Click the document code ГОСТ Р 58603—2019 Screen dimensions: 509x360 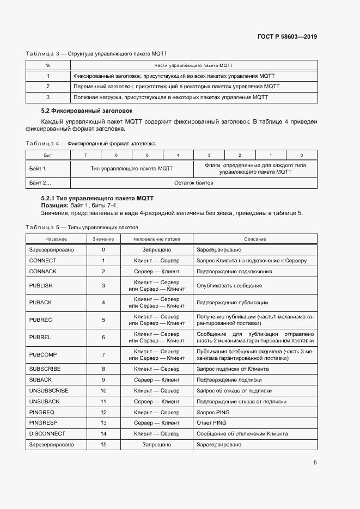287,36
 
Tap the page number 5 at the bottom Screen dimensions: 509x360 315,463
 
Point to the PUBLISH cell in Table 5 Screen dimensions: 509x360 41,285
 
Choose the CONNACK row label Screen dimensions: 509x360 42,271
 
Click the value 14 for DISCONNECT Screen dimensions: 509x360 103,433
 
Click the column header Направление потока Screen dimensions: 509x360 156,239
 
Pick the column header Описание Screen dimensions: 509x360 255,239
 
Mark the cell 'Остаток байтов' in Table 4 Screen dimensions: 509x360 193,183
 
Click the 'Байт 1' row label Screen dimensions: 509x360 37,169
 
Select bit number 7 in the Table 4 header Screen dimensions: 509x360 85,156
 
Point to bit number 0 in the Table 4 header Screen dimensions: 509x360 302,156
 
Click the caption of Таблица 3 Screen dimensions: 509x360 96,54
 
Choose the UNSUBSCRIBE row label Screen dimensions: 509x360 48,390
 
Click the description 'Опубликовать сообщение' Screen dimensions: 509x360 229,285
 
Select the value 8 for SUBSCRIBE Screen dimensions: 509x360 103,369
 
